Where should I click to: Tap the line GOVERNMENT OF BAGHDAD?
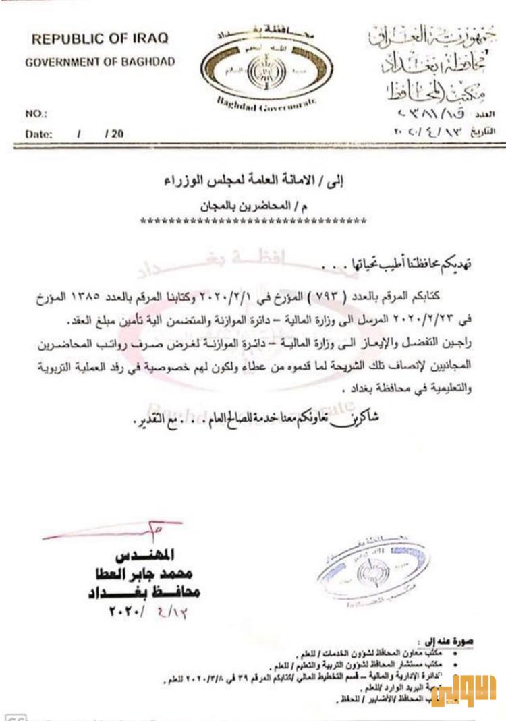click(x=100, y=63)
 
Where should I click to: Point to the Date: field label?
click(x=39, y=134)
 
